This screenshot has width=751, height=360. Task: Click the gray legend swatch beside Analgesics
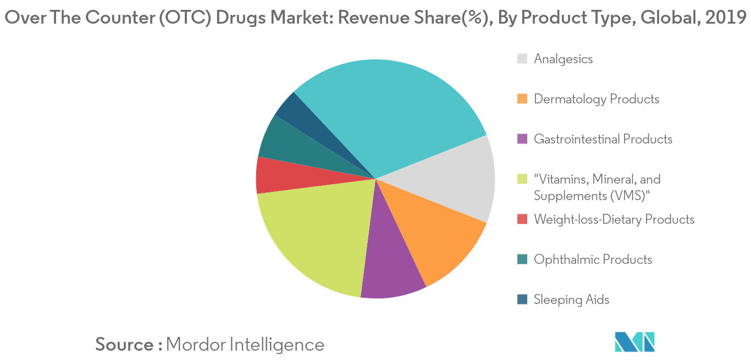522,59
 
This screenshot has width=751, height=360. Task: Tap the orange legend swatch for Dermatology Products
522,99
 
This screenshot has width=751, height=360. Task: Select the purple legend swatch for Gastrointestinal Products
522,139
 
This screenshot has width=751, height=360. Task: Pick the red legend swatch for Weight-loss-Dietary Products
522,219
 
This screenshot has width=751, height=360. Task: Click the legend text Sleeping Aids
571,300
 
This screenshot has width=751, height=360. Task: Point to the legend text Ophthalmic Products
593,259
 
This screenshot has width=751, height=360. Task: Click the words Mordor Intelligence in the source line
245,345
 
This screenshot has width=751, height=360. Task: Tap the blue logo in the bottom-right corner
635,342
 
